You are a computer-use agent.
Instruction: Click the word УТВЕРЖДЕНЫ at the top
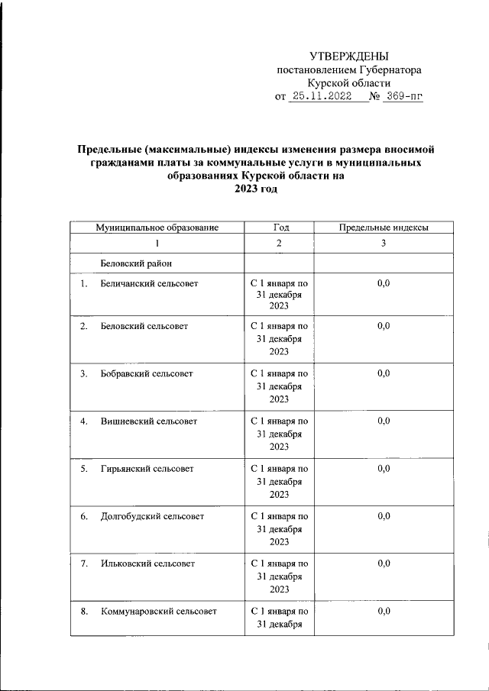click(348, 56)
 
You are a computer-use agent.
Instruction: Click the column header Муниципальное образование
click(157, 228)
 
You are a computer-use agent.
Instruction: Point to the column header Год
click(280, 228)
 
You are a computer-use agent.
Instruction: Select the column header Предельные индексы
click(383, 228)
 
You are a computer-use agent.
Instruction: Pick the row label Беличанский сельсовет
click(149, 283)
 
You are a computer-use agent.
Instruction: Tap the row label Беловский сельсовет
click(144, 326)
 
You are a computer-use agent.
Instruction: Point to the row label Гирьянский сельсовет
click(147, 468)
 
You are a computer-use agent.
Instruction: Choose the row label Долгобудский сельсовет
click(152, 516)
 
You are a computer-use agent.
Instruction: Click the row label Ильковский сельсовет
click(147, 563)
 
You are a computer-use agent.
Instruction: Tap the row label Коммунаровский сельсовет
click(158, 611)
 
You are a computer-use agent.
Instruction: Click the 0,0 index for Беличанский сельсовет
click(383, 283)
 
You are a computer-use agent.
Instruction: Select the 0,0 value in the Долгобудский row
click(383, 516)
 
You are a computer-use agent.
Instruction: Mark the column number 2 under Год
click(280, 244)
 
